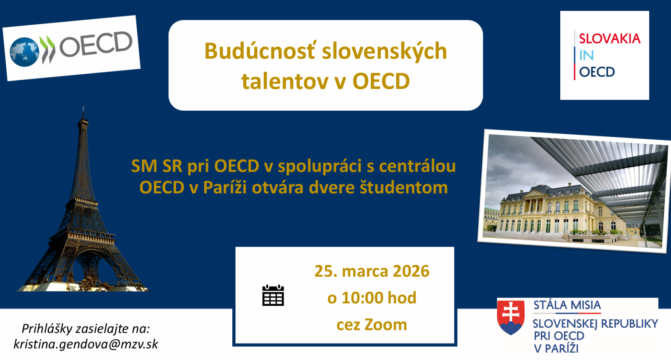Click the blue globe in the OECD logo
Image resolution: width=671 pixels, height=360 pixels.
click(24, 52)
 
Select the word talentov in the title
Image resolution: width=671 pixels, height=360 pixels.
click(285, 81)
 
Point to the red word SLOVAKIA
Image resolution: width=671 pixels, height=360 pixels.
click(610, 39)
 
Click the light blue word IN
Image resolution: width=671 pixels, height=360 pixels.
click(587, 55)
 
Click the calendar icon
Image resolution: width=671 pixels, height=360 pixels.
click(273, 295)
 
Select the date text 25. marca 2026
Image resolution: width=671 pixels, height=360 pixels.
click(372, 271)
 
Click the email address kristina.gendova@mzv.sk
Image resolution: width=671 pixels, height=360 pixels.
click(86, 344)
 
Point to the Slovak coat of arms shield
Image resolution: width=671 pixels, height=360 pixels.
click(511, 318)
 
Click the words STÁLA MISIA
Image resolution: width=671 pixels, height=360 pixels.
click(567, 305)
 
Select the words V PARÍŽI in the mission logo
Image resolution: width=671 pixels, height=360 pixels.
click(556, 348)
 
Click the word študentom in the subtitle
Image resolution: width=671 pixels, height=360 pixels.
click(403, 188)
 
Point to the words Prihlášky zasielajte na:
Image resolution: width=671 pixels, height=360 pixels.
click(86, 329)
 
